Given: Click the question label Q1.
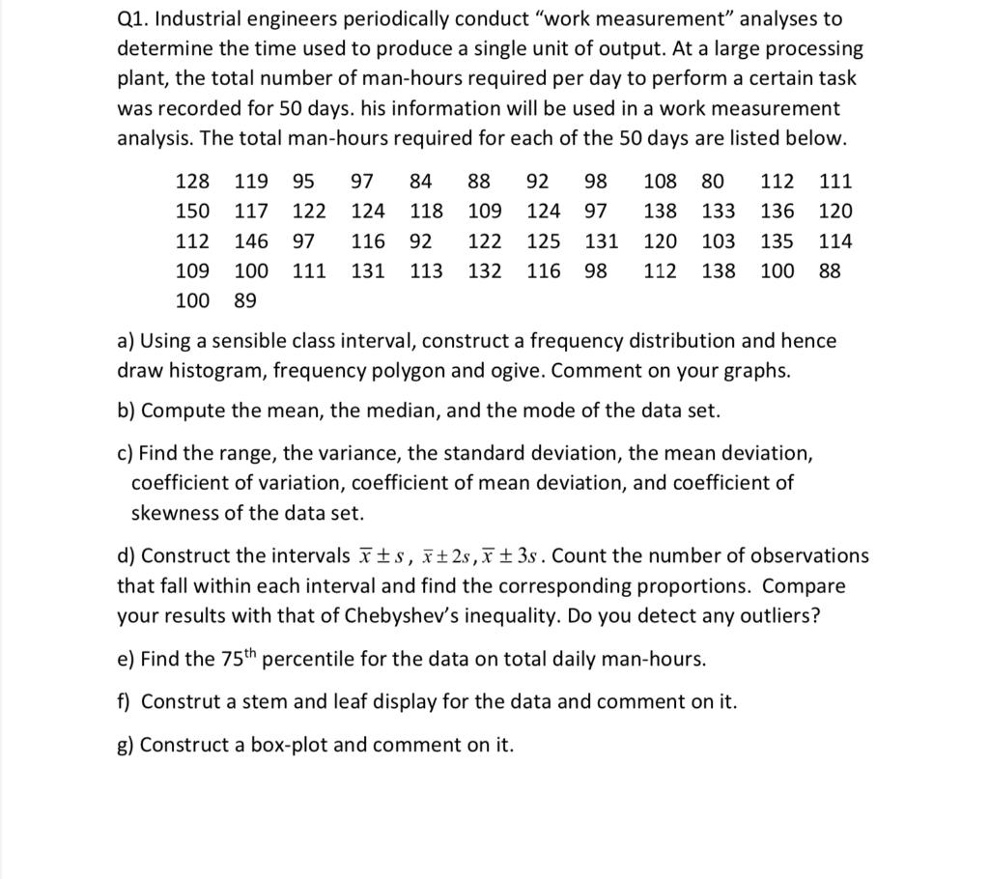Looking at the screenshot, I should (x=133, y=19).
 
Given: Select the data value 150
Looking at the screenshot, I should (x=192, y=211).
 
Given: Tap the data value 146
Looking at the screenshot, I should (x=251, y=241).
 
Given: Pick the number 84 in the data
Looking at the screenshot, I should (x=421, y=181).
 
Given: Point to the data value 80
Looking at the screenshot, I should (x=713, y=181).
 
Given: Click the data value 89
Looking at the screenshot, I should (x=245, y=300).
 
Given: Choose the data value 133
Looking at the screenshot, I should (x=718, y=211).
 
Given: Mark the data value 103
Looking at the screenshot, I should (x=718, y=241).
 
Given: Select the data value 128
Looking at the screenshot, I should (x=192, y=181).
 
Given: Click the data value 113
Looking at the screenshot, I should (x=426, y=270).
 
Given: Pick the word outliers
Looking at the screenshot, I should (x=771, y=616).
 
